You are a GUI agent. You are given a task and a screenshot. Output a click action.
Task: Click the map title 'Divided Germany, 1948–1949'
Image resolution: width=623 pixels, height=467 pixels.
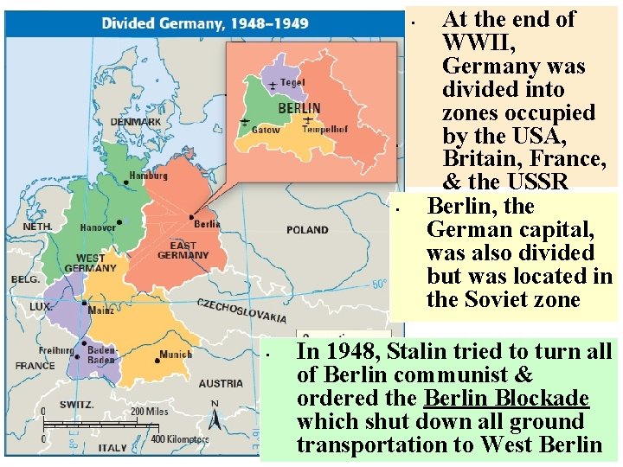pyautogui.click(x=204, y=23)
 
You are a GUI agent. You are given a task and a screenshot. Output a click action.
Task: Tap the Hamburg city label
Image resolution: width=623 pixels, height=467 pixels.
pyautogui.click(x=147, y=176)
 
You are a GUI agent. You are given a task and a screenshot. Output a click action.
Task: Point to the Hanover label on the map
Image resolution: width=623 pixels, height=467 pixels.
pyautogui.click(x=98, y=228)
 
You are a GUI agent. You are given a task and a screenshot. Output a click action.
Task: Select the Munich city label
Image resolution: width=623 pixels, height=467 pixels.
pyautogui.click(x=176, y=355)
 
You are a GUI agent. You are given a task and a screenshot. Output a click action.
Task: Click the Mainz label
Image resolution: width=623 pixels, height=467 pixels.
pyautogui.click(x=101, y=310)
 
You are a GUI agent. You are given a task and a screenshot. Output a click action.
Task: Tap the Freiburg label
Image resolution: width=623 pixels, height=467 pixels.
pyautogui.click(x=55, y=350)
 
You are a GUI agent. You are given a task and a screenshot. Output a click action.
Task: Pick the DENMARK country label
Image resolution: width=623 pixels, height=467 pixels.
pyautogui.click(x=135, y=122)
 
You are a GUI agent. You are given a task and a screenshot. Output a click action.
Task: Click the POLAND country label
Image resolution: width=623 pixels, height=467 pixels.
pyautogui.click(x=307, y=230)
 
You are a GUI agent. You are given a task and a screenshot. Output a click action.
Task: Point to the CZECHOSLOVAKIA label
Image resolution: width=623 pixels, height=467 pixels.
pyautogui.click(x=241, y=310)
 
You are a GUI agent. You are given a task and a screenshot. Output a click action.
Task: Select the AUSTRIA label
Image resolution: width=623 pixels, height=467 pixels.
pyautogui.click(x=221, y=383)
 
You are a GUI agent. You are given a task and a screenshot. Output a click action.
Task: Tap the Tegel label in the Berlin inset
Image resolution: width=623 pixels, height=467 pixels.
pyautogui.click(x=292, y=82)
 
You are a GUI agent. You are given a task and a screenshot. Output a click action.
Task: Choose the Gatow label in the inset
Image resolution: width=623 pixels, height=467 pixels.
pyautogui.click(x=265, y=130)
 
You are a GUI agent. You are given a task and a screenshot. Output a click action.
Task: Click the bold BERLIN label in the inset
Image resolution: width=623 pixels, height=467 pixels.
pyautogui.click(x=299, y=109)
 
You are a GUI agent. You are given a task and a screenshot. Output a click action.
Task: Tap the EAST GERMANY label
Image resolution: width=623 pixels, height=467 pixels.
pyautogui.click(x=183, y=250)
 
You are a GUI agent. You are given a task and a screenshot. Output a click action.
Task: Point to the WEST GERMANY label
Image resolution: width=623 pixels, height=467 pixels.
pyautogui.click(x=90, y=263)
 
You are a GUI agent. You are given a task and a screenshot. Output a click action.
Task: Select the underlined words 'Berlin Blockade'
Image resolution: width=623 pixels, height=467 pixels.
pyautogui.click(x=506, y=399)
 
